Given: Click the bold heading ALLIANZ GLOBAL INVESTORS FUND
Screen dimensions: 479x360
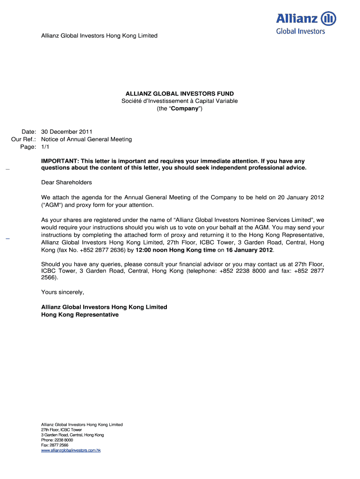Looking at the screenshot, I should pyautogui.click(x=180, y=94).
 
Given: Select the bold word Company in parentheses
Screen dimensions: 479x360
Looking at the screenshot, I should pyautogui.click(x=185, y=109).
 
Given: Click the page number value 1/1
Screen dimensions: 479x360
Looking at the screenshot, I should pyautogui.click(x=45, y=147).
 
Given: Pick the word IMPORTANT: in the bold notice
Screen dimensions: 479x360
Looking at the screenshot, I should pyautogui.click(x=60, y=161).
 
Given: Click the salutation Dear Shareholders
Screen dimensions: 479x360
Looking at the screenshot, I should pyautogui.click(x=66, y=182).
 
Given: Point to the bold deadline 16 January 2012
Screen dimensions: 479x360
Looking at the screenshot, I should pyautogui.click(x=249, y=250).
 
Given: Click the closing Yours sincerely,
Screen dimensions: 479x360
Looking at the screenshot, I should pyautogui.click(x=63, y=292).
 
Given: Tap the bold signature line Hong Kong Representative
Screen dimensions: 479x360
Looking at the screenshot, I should pyautogui.click(x=80, y=315).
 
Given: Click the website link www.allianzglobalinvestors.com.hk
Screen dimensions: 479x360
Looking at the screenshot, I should pyautogui.click(x=71, y=450).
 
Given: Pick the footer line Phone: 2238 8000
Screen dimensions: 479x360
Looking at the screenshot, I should pyautogui.click(x=57, y=440).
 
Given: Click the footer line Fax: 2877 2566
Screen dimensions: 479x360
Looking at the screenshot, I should pyautogui.click(x=55, y=445).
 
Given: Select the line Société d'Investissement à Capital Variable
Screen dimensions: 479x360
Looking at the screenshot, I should pyautogui.click(x=180, y=101).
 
